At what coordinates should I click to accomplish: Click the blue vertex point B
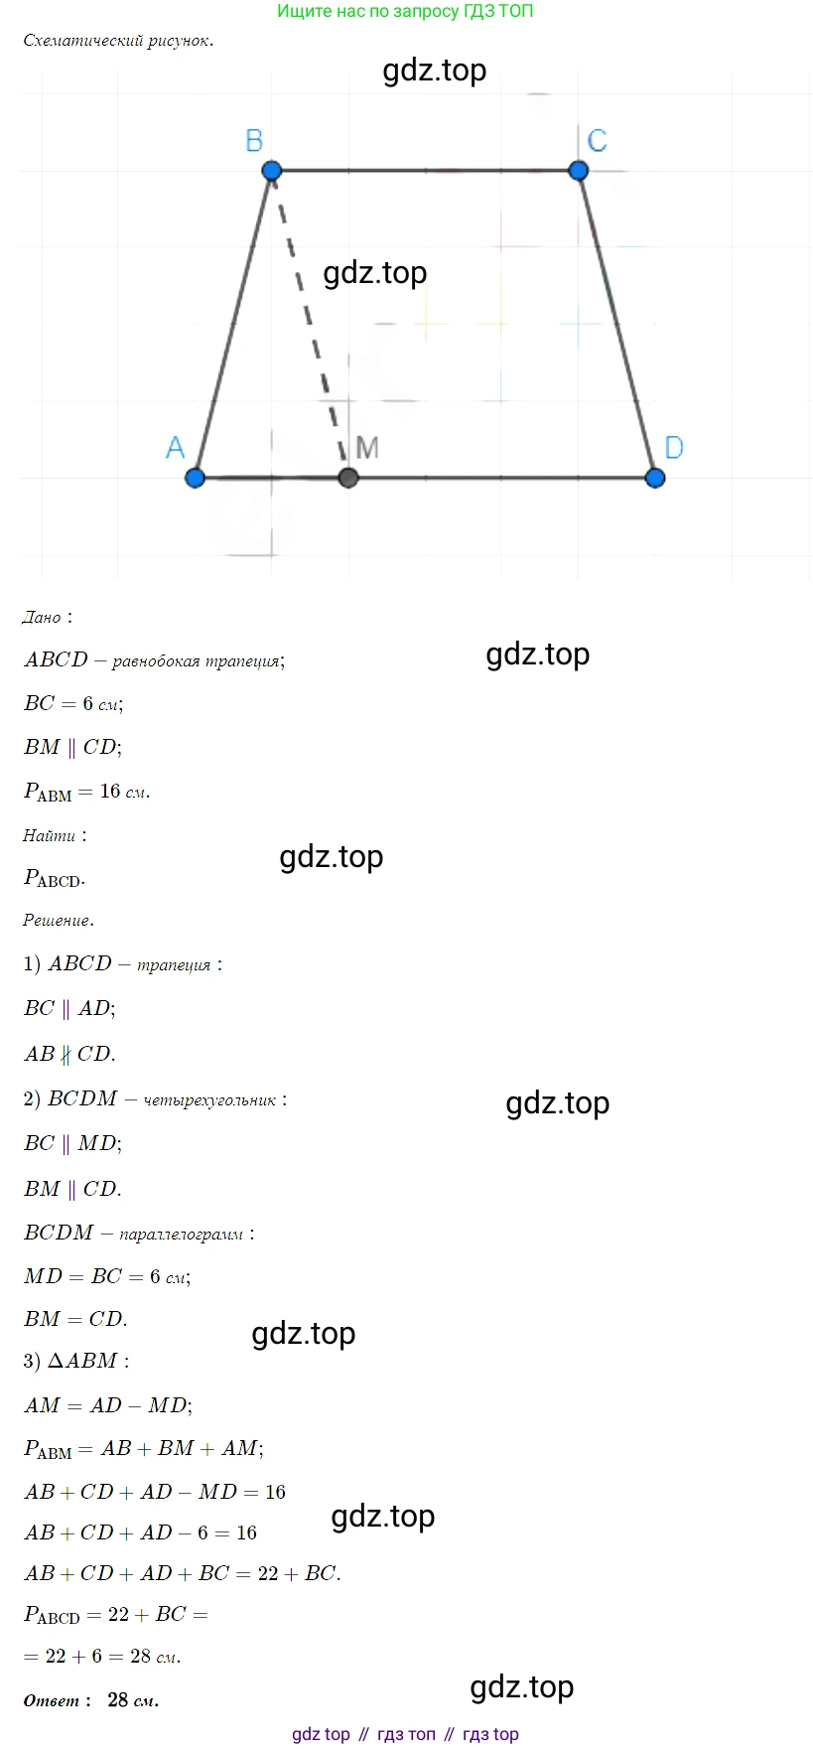(272, 171)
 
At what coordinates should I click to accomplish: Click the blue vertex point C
(579, 171)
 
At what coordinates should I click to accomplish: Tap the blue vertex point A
(195, 478)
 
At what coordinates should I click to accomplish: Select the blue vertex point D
(655, 478)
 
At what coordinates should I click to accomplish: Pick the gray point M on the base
(347, 478)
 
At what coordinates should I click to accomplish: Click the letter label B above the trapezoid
(254, 141)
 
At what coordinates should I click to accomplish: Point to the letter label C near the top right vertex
(597, 141)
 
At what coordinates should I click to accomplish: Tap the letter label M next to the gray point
(367, 448)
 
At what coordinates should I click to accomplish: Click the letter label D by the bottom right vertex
(674, 448)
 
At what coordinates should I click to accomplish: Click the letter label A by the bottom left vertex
(175, 448)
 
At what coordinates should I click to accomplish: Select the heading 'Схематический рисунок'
(117, 41)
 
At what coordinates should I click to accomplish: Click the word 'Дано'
(42, 618)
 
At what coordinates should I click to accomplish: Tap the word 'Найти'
(49, 836)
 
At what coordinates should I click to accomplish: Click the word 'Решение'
(57, 921)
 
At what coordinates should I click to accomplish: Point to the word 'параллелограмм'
(181, 1235)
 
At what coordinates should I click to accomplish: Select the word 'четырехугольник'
(209, 1100)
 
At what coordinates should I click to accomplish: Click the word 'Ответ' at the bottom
(52, 1700)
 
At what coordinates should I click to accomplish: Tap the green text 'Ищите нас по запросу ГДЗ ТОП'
(405, 12)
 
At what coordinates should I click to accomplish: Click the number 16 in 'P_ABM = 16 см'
(110, 792)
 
